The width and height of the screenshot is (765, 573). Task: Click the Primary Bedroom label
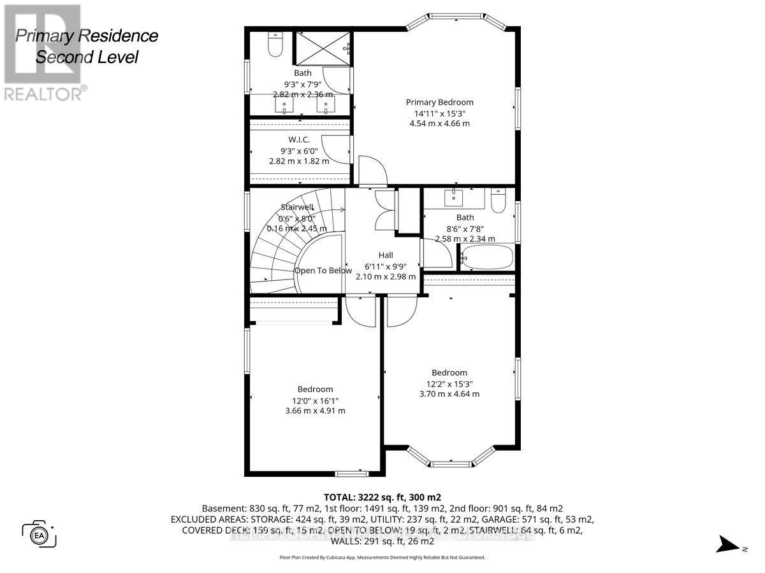click(440, 102)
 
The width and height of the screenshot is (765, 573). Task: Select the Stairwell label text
click(297, 207)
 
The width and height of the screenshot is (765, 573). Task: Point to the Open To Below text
click(323, 271)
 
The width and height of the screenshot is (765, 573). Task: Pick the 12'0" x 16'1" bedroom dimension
click(315, 400)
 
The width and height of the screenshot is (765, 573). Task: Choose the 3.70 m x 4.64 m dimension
click(449, 394)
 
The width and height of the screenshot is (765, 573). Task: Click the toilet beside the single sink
click(499, 201)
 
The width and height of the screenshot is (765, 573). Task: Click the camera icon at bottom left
click(40, 532)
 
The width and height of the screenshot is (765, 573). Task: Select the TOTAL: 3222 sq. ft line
click(382, 497)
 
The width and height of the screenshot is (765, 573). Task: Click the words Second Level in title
click(87, 57)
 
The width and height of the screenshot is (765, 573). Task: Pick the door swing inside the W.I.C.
click(336, 148)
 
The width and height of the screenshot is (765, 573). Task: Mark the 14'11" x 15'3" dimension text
click(440, 113)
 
